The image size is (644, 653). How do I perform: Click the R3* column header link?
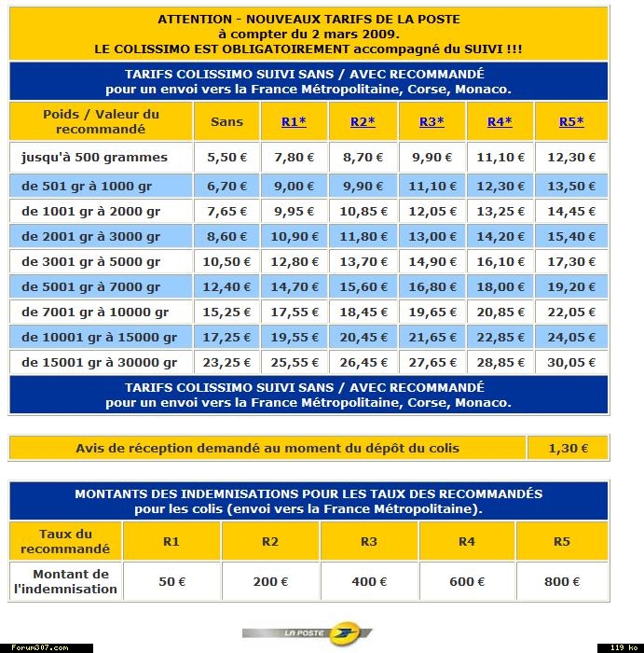pyautogui.click(x=432, y=122)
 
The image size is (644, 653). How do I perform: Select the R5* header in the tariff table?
pyautogui.click(x=571, y=122)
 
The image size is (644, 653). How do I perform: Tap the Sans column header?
pyautogui.click(x=226, y=122)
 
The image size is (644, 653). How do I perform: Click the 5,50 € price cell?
pyautogui.click(x=226, y=158)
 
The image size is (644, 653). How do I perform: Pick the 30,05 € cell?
pyautogui.click(x=571, y=362)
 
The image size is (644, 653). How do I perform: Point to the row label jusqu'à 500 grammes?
pyautogui.click(x=95, y=158)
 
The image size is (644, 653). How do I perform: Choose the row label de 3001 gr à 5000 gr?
pyautogui.click(x=91, y=261)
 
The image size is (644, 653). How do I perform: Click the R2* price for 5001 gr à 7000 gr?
pyautogui.click(x=363, y=287)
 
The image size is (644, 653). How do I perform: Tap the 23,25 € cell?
pyautogui.click(x=226, y=362)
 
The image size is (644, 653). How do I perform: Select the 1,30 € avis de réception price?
pyautogui.click(x=568, y=448)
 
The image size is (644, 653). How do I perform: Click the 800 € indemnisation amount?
pyautogui.click(x=562, y=581)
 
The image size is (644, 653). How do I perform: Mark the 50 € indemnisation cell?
pyautogui.click(x=171, y=581)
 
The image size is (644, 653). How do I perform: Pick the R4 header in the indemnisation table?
pyautogui.click(x=462, y=541)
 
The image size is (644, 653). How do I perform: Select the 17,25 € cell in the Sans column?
pyautogui.click(x=226, y=337)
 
